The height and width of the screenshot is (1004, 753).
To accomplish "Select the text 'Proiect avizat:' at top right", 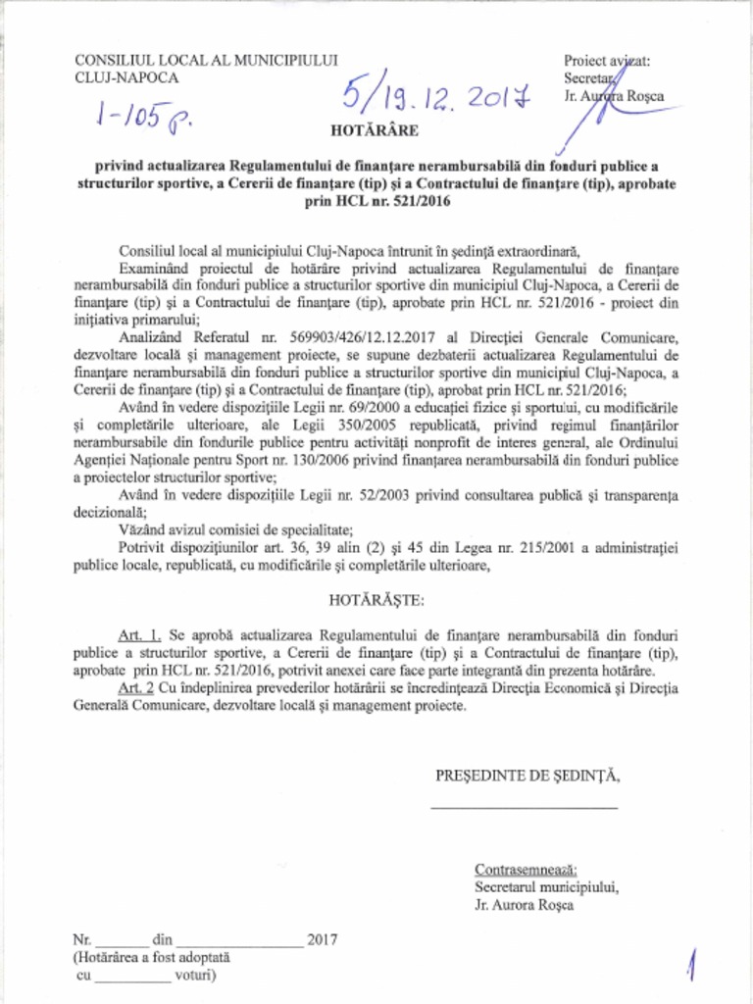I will click(x=607, y=61).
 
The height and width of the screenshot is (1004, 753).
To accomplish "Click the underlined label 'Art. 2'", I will click(x=136, y=688).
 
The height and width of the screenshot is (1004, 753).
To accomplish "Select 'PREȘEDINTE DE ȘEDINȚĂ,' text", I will click(x=527, y=776).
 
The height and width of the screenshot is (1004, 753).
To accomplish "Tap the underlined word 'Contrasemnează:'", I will click(x=525, y=870).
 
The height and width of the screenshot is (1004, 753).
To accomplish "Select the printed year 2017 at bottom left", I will click(x=323, y=939).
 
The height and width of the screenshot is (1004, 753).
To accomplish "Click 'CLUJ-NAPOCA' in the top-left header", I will click(x=126, y=77).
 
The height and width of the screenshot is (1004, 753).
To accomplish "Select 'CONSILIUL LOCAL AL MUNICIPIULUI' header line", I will click(x=206, y=61).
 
